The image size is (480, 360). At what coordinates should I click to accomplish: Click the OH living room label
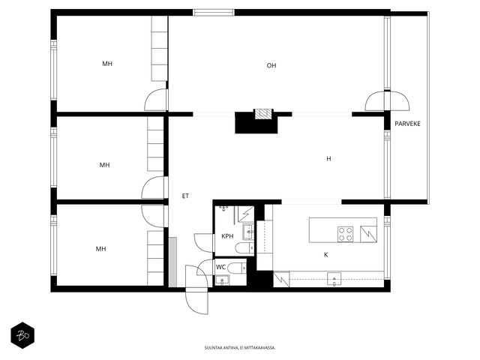(271, 65)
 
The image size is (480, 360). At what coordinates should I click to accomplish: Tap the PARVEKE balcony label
(407, 124)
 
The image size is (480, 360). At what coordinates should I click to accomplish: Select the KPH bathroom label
(227, 236)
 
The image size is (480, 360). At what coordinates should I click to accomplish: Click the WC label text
(220, 267)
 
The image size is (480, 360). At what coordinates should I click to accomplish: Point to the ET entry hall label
(185, 196)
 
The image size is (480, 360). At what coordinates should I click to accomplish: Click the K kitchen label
(326, 254)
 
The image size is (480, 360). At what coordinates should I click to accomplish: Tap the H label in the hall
(328, 158)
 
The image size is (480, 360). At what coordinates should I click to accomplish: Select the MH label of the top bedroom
(107, 64)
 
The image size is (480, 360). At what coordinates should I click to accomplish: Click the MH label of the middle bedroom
(104, 165)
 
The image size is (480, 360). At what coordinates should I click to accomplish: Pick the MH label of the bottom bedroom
(100, 249)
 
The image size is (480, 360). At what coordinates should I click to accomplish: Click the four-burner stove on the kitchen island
(345, 234)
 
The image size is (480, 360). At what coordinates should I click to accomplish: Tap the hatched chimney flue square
(263, 114)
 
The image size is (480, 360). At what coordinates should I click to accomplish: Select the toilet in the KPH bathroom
(244, 247)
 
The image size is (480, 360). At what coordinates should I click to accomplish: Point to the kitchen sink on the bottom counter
(334, 279)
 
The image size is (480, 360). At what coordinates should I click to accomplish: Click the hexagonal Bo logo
(22, 335)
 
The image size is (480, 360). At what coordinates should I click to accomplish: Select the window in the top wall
(214, 13)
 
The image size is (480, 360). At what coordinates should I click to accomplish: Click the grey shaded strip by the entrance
(173, 262)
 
